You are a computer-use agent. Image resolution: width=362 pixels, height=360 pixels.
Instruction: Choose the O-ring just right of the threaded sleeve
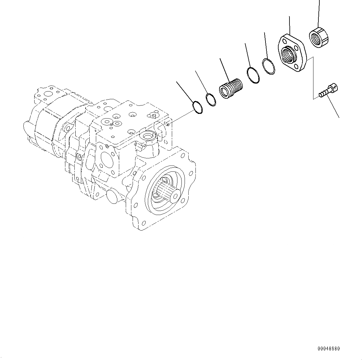[253, 75]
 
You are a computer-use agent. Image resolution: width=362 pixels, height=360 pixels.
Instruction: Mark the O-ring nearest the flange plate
[268, 66]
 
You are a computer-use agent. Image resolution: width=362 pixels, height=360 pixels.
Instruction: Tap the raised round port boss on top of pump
[147, 136]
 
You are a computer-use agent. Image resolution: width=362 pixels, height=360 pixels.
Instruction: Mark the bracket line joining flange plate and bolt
[313, 78]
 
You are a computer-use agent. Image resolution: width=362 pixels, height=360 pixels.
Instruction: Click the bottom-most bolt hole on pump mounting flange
[144, 223]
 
